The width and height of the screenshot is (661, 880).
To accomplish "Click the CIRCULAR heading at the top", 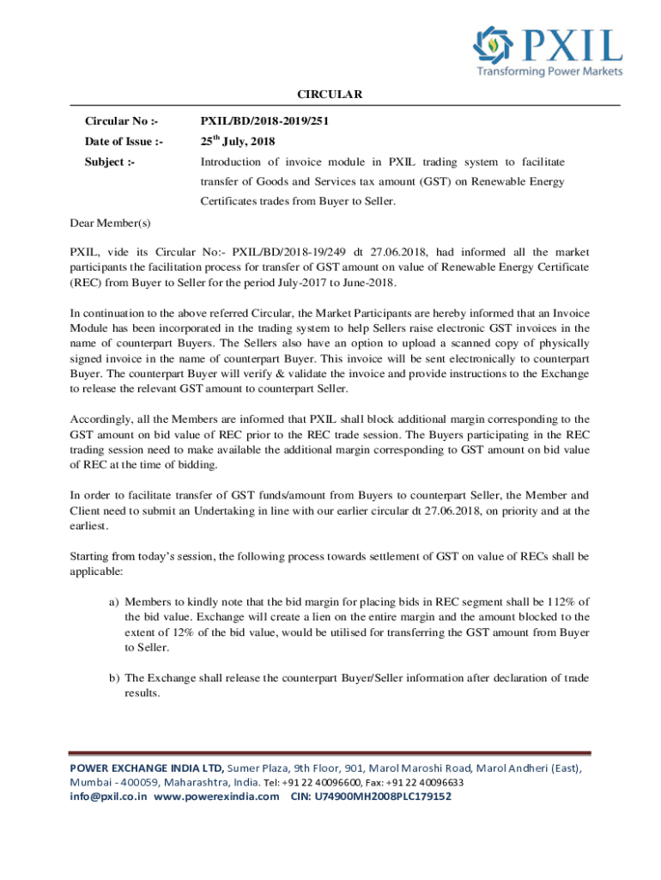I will pyautogui.click(x=330, y=94).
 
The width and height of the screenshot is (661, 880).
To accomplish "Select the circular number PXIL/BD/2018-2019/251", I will pyautogui.click(x=264, y=121).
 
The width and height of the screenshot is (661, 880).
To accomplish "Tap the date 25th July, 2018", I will pyautogui.click(x=238, y=141).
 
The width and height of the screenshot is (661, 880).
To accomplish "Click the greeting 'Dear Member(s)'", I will pyautogui.click(x=110, y=223).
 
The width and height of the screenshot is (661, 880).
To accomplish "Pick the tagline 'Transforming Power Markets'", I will pyautogui.click(x=549, y=71).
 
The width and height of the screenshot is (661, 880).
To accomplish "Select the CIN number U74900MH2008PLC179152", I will pyautogui.click(x=385, y=797).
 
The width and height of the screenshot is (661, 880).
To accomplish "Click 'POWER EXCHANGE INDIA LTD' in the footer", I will pyautogui.click(x=148, y=767).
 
